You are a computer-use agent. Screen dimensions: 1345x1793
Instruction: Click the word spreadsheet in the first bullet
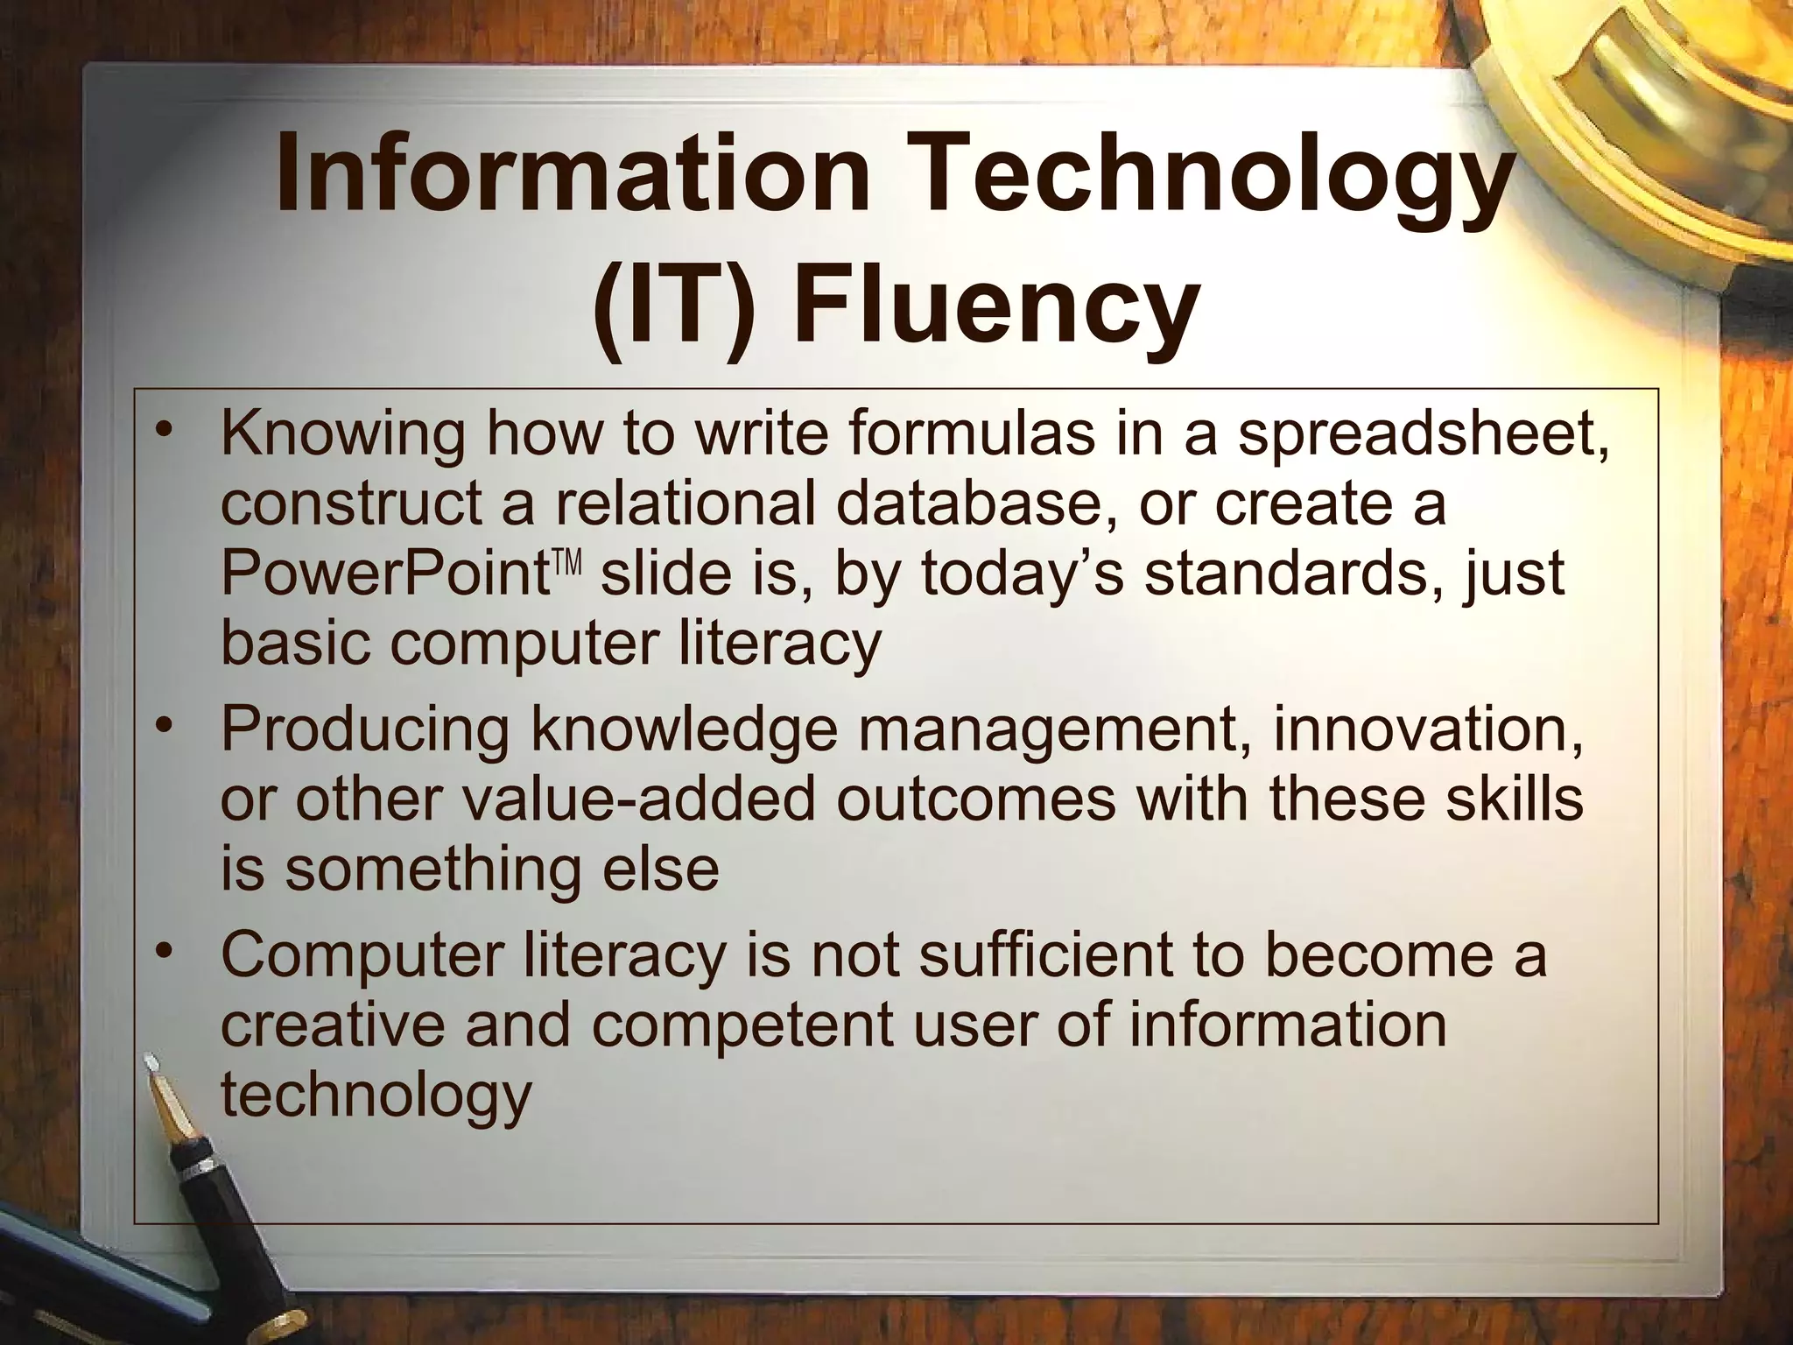point(1422,435)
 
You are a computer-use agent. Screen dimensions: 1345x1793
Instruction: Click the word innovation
point(1427,729)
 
